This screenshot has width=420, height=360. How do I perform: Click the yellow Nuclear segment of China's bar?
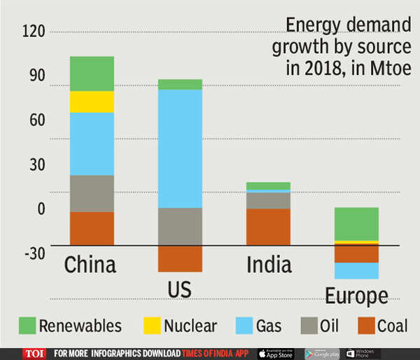pyautogui.click(x=92, y=102)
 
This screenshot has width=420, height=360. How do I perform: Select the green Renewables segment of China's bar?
pyautogui.click(x=92, y=74)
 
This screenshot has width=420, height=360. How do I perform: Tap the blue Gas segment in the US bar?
pyautogui.click(x=180, y=148)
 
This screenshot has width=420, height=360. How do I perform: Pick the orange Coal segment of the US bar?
pyautogui.click(x=180, y=258)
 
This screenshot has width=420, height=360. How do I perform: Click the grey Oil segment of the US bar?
pyautogui.click(x=180, y=226)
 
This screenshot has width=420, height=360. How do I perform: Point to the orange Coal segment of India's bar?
pyautogui.click(x=268, y=227)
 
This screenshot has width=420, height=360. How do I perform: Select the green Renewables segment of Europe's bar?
pyautogui.click(x=356, y=224)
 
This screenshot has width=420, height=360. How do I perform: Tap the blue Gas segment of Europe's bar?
pyautogui.click(x=356, y=271)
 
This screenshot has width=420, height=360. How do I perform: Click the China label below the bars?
pyautogui.click(x=90, y=265)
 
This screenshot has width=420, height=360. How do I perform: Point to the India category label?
pyautogui.click(x=269, y=265)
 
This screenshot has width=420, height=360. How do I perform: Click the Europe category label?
pyautogui.click(x=356, y=295)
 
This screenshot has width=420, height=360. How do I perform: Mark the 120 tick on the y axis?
pyautogui.click(x=34, y=32)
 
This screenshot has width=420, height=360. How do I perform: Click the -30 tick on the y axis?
pyautogui.click(x=34, y=253)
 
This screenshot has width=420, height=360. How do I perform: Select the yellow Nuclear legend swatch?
pyautogui.click(x=151, y=326)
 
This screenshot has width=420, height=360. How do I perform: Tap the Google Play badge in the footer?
pyautogui.click(x=322, y=354)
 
